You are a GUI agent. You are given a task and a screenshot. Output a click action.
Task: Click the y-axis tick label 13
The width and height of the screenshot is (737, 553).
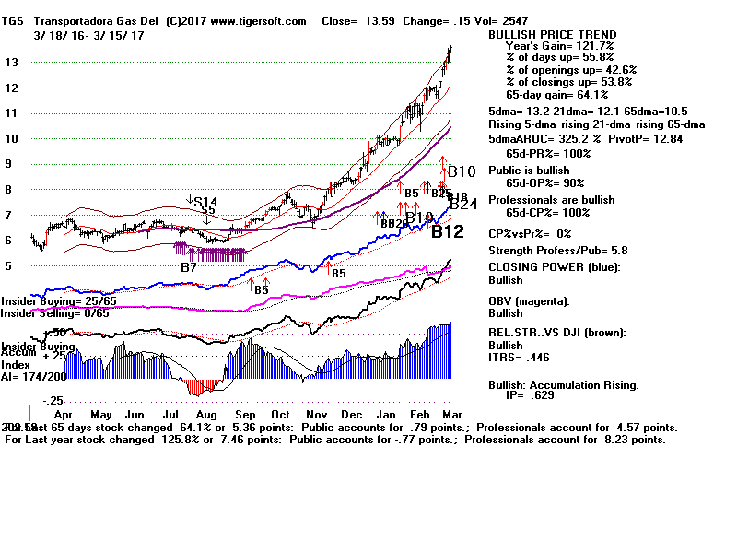[11, 63]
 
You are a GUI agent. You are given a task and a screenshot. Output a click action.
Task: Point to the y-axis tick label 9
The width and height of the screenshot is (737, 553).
[9, 164]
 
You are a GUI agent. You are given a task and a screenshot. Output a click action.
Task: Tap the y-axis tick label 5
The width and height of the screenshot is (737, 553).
[9, 266]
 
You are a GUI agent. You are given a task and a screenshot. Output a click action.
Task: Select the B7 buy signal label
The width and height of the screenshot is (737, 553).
[188, 267]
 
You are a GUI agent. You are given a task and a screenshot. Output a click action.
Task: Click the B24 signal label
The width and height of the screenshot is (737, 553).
[462, 205]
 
